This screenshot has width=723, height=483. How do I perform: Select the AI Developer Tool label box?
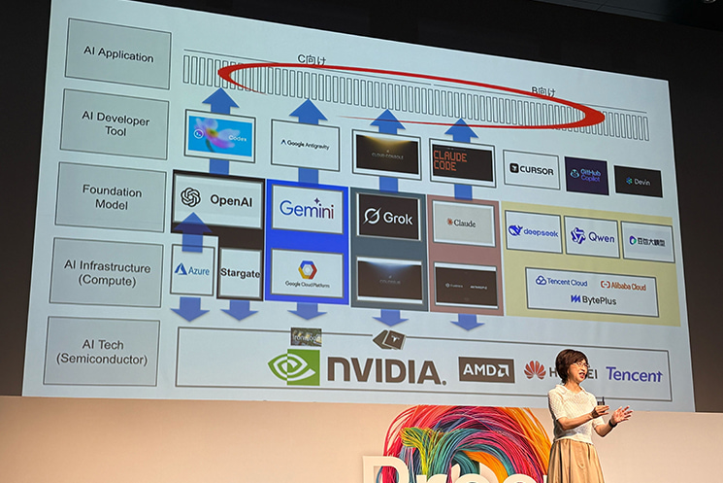click(113, 123)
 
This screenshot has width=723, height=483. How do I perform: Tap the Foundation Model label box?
click(109, 196)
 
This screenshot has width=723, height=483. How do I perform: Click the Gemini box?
click(307, 209)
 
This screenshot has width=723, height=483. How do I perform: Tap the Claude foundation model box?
click(462, 223)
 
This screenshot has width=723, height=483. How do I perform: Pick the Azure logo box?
click(192, 269)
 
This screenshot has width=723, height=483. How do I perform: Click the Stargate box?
click(239, 273)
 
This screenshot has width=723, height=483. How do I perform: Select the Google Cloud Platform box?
click(307, 274)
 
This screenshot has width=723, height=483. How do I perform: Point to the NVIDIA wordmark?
click(384, 369)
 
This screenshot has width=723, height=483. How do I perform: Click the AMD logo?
click(486, 369)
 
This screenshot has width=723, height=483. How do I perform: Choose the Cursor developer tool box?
click(531, 169)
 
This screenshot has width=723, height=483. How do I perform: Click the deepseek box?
click(533, 231)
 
